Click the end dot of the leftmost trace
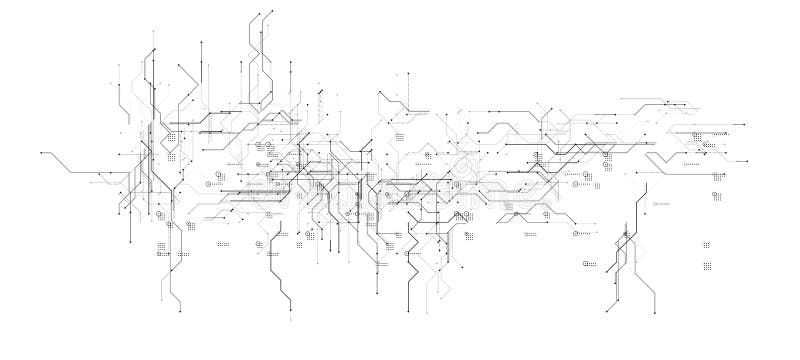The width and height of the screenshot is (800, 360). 41,153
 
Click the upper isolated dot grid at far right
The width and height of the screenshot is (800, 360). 706,244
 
